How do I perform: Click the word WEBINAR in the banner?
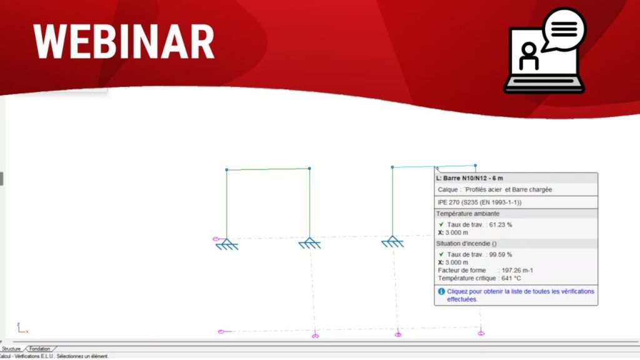124,42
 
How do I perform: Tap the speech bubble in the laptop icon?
564,29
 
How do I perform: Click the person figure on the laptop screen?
529,56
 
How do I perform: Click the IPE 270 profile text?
479,202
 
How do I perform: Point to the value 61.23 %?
501,225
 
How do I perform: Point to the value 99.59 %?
501,255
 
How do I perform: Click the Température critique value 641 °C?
511,278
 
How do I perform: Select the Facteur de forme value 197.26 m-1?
517,271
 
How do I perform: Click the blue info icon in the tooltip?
441,291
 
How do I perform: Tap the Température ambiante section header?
467,214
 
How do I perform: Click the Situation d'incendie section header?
466,244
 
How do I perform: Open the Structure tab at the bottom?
11,349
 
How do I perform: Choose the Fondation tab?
39,349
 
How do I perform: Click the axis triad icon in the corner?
22,327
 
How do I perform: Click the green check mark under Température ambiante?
441,224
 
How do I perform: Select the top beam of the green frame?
267,169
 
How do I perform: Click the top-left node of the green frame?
226,170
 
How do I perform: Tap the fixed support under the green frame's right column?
310,243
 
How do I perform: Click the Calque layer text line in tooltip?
495,190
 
